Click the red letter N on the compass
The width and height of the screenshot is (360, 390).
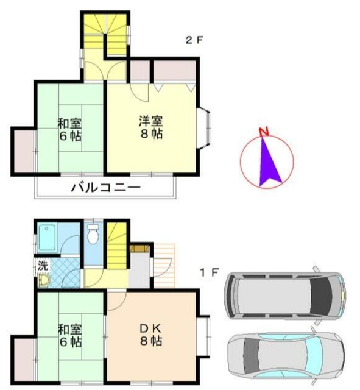tap(263, 132)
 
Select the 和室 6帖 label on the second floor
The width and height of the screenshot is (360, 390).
tap(70, 129)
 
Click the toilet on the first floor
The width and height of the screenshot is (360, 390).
tap(93, 234)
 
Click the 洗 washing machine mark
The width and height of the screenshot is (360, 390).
tap(43, 265)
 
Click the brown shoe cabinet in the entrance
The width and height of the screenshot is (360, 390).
tap(140, 249)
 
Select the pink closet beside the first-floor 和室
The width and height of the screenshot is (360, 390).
tap(23, 360)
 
